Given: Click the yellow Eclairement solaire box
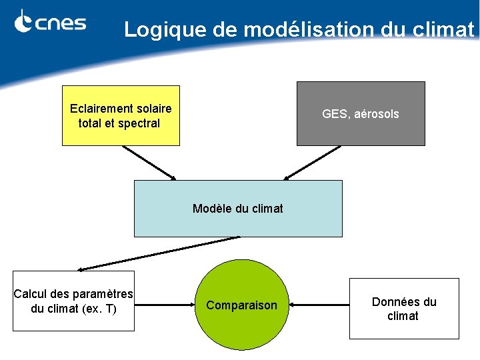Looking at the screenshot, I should click(121, 115).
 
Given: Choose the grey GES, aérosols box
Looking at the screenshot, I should click(361, 113).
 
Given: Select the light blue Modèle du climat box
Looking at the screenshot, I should click(238, 209).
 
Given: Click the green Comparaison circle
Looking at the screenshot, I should click(241, 305).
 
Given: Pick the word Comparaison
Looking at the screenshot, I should click(241, 305).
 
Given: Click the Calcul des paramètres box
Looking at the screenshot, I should click(73, 301).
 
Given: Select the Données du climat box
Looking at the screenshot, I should click(404, 309).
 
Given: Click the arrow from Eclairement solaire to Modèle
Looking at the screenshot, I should click(149, 163).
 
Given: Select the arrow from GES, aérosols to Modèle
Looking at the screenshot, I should click(312, 163).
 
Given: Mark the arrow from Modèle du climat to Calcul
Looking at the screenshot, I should click(159, 253).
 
